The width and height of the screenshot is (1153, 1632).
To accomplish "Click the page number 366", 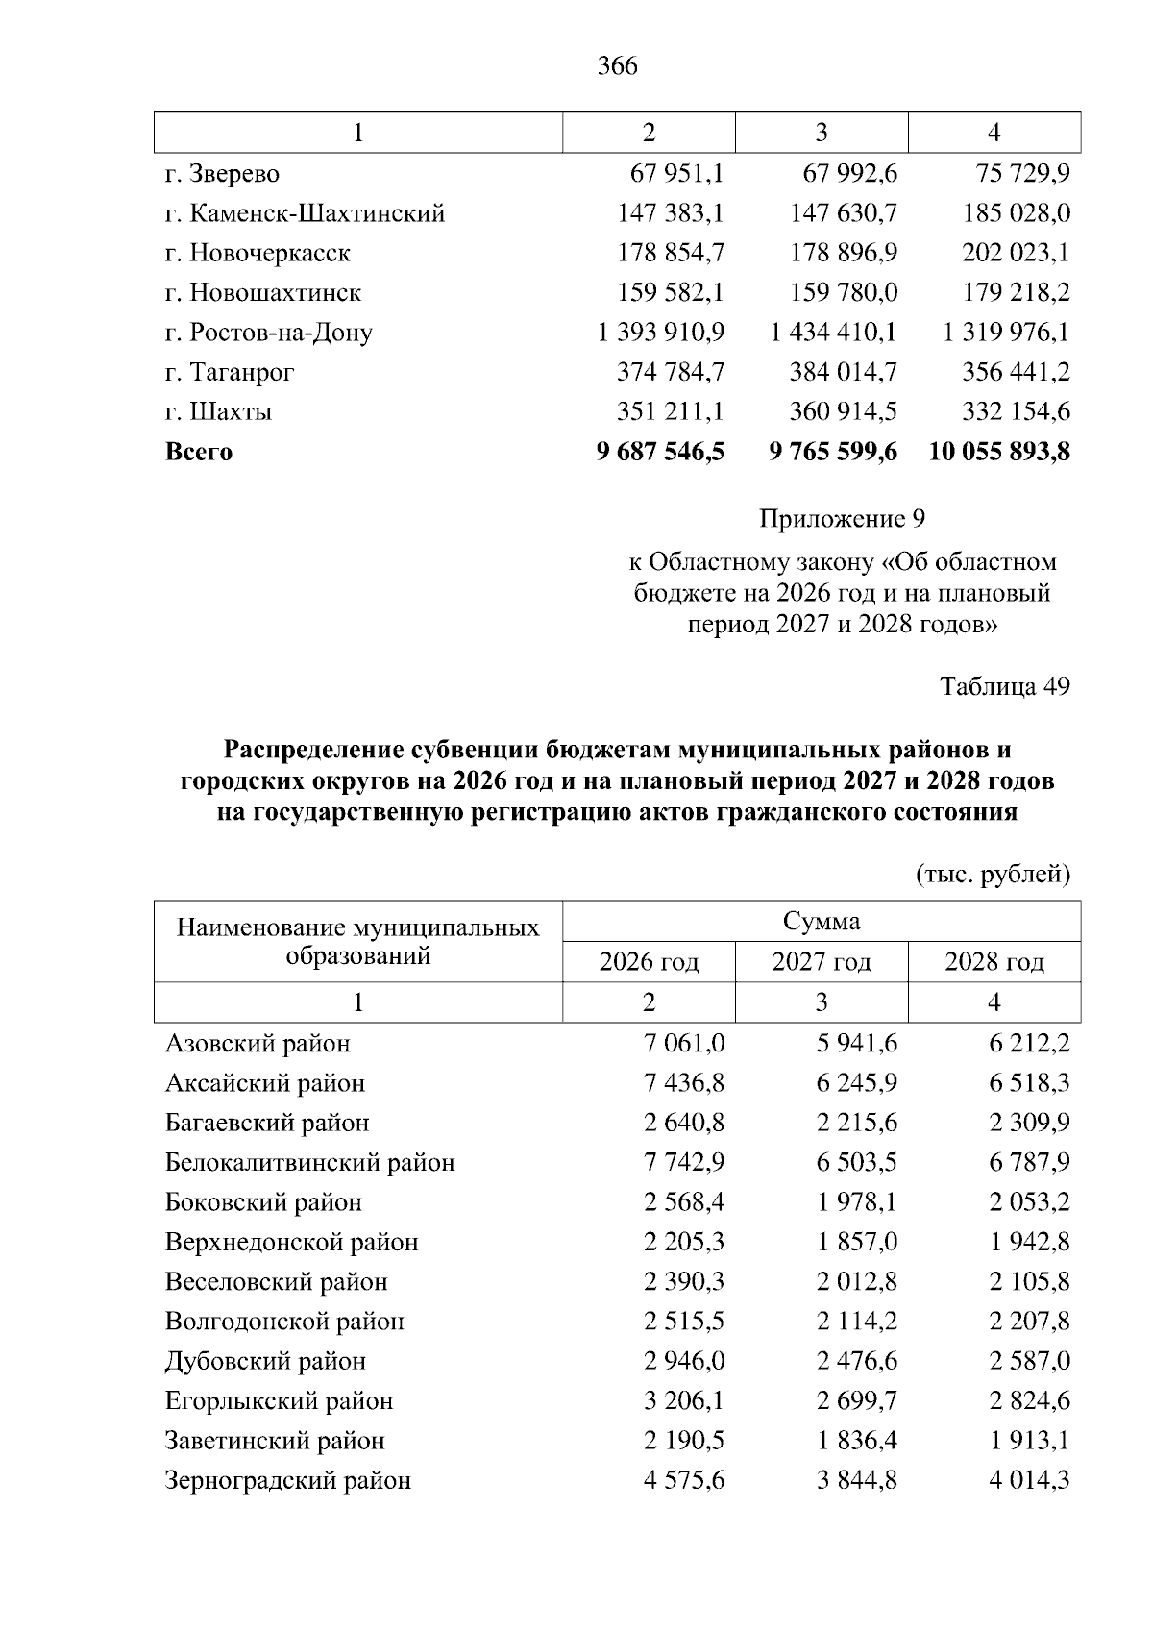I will [617, 66].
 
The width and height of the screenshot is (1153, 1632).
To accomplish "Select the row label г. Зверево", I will [222, 174].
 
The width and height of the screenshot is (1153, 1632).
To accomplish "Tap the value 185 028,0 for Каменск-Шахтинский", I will [1016, 213].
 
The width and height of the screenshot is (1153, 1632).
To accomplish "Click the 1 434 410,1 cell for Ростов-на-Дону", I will [833, 333].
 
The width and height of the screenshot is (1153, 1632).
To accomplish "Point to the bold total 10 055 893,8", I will [999, 452].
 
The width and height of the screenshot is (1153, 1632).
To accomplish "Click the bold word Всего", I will [199, 452].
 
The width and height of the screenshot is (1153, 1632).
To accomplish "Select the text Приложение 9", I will [842, 520].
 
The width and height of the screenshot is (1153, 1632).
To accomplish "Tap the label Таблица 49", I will [1004, 686].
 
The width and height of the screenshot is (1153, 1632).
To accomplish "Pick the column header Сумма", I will [822, 922].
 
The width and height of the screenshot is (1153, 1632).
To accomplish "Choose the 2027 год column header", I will [822, 962].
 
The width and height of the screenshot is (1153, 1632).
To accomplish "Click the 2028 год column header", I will [994, 962].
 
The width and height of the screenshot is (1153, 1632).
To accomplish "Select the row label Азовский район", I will [258, 1044].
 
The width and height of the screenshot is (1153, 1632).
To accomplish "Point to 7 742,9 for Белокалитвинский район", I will [684, 1163].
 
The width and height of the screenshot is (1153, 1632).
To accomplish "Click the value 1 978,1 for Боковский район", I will [857, 1202].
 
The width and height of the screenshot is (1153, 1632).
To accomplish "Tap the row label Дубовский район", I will [265, 1361].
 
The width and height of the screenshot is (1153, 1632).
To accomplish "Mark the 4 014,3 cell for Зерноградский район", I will [1029, 1480].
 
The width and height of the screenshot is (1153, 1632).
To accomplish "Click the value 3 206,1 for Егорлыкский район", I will [684, 1401].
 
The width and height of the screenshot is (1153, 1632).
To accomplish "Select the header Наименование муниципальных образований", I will [357, 942].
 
